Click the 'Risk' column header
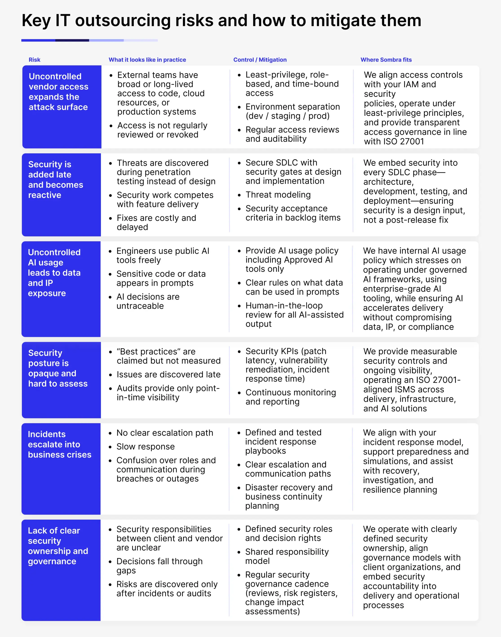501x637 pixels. click(34, 60)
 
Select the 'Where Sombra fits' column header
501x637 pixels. click(386, 60)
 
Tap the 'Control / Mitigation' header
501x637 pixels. click(260, 60)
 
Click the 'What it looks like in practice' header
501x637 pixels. click(147, 60)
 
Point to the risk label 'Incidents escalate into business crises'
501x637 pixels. click(60, 444)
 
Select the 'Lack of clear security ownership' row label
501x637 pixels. click(58, 546)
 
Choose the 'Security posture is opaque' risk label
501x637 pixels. click(58, 368)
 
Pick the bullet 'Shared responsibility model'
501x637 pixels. click(287, 556)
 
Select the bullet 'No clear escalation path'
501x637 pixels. click(164, 433)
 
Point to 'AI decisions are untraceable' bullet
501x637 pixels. click(148, 301)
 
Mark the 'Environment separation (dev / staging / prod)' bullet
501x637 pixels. click(293, 111)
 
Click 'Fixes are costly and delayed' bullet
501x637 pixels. click(156, 222)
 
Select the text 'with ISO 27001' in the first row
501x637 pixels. click(394, 142)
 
